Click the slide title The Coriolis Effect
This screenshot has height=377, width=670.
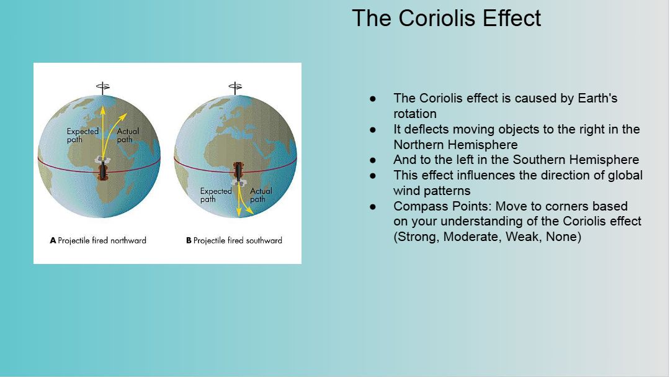(447, 18)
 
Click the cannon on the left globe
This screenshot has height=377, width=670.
(102, 171)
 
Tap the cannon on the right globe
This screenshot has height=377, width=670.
(238, 170)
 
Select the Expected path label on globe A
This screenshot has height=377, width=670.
(83, 135)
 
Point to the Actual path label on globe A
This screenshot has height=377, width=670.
(128, 135)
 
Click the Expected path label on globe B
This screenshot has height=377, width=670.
(216, 195)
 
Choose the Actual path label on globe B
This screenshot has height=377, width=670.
(261, 195)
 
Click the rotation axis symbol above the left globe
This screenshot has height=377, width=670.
(102, 88)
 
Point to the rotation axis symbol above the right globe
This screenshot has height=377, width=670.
(235, 88)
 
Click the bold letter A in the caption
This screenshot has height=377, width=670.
(53, 240)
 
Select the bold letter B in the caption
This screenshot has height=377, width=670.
(189, 240)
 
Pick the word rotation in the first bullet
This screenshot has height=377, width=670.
(415, 114)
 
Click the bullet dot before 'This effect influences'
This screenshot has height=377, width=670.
(373, 175)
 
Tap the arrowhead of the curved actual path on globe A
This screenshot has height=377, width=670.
(124, 116)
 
